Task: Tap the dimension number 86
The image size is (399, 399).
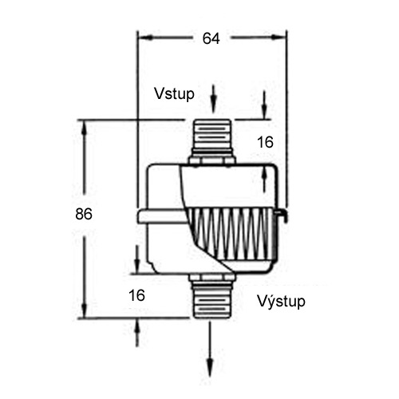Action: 84,214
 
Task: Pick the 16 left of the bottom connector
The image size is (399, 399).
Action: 136,294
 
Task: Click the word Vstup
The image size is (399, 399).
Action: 173,93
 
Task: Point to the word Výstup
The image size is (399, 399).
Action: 281,302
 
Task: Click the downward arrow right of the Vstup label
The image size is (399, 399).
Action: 265,107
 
